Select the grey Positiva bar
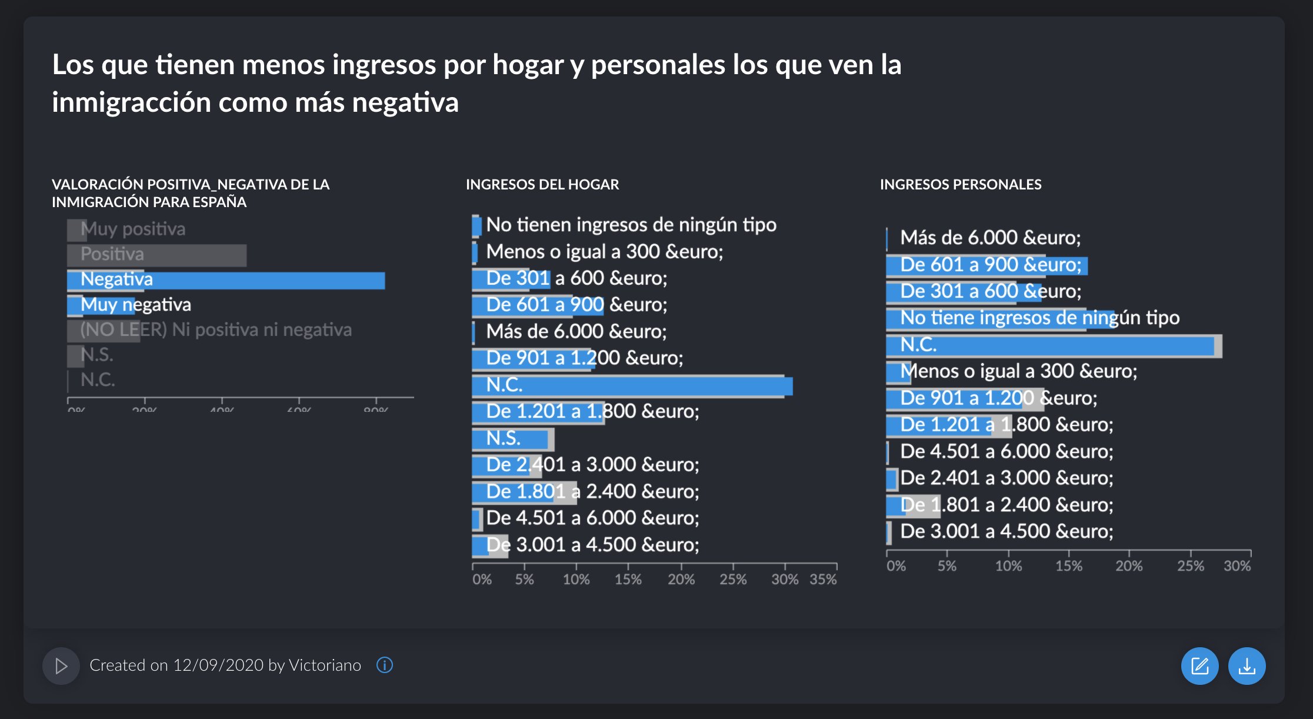pos(176,255)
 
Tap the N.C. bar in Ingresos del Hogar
pos(647,386)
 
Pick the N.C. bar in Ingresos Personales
pos(1059,345)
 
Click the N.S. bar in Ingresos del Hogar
pos(512,439)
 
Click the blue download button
pos(1247,666)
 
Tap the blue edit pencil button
pos(1199,666)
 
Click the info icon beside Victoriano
pos(385,665)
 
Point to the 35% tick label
pos(823,580)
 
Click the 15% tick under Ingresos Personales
pos(1068,566)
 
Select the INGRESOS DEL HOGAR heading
pos(542,185)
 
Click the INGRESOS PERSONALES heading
pos(960,185)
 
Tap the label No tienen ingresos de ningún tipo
pos(631,225)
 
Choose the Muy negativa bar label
pos(136,305)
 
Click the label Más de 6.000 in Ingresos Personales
pos(990,238)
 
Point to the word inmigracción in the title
pos(131,102)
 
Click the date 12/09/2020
pos(218,665)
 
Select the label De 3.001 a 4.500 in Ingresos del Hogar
pos(592,545)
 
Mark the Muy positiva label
pos(133,229)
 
